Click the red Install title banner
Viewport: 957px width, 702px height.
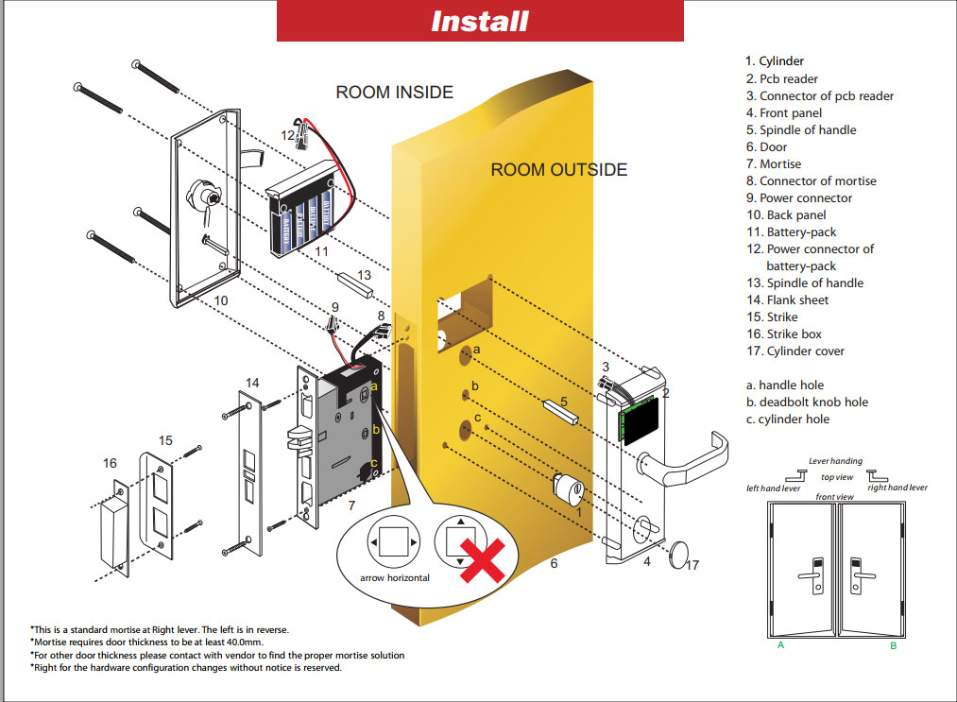[479, 21]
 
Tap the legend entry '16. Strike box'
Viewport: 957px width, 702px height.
[783, 334]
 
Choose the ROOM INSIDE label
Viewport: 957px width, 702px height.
[394, 93]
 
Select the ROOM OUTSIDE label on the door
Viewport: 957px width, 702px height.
[558, 170]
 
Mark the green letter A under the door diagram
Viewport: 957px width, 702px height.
[780, 645]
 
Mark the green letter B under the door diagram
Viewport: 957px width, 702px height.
[893, 645]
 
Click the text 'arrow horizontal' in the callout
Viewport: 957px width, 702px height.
[395, 577]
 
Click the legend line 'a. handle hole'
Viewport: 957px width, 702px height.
[784, 385]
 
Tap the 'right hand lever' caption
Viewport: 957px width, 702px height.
[897, 488]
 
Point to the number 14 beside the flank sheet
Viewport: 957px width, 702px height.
[252, 383]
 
